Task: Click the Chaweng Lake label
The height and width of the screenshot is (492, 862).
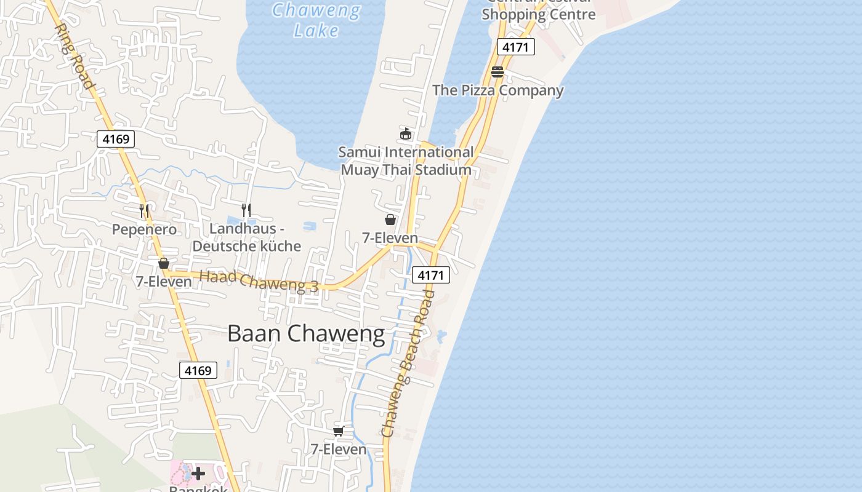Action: click(x=316, y=20)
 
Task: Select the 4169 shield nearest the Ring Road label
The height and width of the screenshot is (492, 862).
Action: click(x=116, y=139)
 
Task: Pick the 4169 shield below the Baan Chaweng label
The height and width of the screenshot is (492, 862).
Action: click(x=198, y=370)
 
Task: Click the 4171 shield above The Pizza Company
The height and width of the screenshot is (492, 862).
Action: click(x=516, y=47)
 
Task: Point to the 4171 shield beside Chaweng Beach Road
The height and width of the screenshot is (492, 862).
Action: click(x=430, y=275)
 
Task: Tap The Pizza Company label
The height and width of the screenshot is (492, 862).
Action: click(x=497, y=90)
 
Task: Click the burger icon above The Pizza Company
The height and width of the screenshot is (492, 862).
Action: click(x=497, y=72)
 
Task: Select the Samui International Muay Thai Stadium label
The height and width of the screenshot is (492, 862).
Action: click(x=406, y=161)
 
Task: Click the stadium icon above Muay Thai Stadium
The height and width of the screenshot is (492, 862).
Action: click(x=405, y=133)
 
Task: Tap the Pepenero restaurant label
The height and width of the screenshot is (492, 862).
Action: click(x=144, y=229)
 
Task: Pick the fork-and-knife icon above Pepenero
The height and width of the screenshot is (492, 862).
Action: click(x=144, y=211)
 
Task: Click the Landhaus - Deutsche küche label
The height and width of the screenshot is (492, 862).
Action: click(x=246, y=237)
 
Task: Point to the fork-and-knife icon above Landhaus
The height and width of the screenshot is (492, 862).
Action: click(x=246, y=210)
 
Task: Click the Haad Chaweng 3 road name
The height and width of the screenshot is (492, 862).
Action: click(x=259, y=281)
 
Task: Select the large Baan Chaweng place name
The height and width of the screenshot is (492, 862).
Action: click(x=306, y=333)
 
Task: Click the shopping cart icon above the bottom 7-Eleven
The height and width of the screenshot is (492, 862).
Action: click(x=338, y=431)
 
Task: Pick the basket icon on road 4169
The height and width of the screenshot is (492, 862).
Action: click(x=164, y=263)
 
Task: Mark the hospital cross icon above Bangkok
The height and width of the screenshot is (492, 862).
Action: click(x=198, y=474)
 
